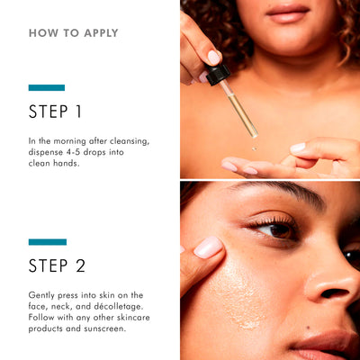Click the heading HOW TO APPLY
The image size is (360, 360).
click(74, 33)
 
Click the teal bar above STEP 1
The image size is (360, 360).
click(47, 87)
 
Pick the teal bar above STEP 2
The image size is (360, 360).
click(47, 241)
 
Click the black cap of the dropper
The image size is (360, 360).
click(217, 75)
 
